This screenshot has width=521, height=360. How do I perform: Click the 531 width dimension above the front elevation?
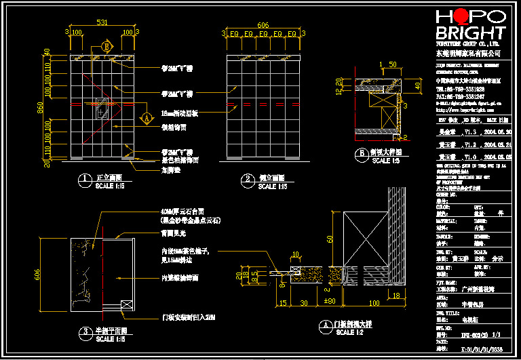pos(102,22)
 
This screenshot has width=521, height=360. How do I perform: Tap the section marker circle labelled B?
pos(106,46)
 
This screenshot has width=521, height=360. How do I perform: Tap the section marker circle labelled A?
pos(145,117)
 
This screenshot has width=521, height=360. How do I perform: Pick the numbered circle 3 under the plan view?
pos(84,332)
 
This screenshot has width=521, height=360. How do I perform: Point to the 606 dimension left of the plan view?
pos(37,273)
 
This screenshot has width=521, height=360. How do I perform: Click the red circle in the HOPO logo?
pos(461,16)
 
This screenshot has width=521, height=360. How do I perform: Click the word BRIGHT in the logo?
pos(470,33)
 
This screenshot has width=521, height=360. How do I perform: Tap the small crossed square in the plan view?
pos(124,305)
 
